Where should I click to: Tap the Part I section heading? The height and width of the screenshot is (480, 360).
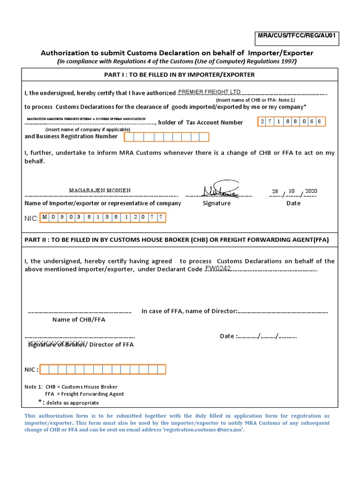click(x=180, y=75)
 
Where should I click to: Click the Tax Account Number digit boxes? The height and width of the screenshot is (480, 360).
click(x=291, y=122)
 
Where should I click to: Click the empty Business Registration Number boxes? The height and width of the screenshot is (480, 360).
click(x=166, y=137)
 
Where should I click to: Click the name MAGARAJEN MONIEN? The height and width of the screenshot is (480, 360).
click(x=100, y=190)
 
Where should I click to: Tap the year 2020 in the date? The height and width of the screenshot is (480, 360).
click(x=311, y=191)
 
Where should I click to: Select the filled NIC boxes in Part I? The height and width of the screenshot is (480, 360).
click(x=103, y=217)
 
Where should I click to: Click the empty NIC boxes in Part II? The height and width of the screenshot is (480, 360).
click(x=103, y=369)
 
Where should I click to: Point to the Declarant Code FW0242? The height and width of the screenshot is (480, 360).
click(x=218, y=268)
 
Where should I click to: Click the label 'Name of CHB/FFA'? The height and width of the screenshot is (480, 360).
click(x=79, y=320)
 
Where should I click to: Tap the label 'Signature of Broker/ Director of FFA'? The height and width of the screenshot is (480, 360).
click(x=81, y=345)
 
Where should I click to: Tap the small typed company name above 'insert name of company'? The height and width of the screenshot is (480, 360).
click(x=85, y=119)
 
